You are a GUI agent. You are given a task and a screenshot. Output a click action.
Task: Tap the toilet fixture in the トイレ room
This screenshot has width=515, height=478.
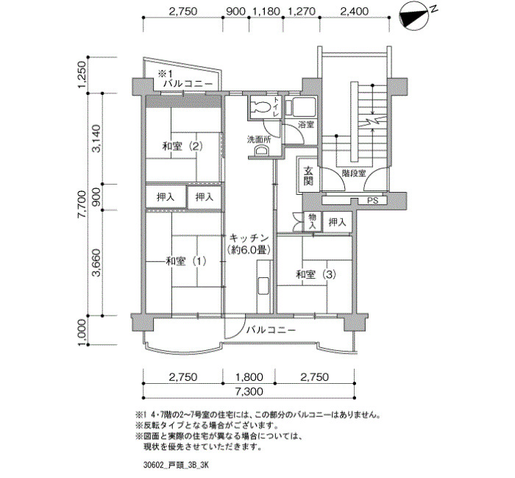pos(260,107)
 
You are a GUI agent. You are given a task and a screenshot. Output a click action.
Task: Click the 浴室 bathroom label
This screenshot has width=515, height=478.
pos(306,125)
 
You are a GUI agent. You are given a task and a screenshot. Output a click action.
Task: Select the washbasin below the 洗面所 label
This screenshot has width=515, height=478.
pos(262,151)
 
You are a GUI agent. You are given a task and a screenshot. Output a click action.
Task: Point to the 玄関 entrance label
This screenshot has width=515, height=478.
pos(308,176)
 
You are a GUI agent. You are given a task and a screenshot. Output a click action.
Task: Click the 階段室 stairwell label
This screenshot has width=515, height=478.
pos(354,174)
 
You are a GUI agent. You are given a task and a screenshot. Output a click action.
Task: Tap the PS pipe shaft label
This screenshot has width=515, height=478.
pos(372,200)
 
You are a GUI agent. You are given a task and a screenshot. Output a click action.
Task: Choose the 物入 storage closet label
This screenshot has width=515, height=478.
pos(312,221)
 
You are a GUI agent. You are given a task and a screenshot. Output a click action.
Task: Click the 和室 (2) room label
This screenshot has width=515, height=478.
pos(182,146)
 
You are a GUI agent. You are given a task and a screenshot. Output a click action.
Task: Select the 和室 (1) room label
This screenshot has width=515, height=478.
pos(186,261)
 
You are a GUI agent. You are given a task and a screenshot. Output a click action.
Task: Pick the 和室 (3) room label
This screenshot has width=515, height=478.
pos(316,274)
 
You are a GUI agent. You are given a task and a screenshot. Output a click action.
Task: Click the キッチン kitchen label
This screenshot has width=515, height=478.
pos(249,238)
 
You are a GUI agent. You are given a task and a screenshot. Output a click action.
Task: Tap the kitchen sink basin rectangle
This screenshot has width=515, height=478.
pos(263,285)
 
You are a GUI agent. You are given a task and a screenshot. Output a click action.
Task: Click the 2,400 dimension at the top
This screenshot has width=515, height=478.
pos(354,12)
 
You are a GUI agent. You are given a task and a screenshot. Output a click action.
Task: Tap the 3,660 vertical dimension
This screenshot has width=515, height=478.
pos(96,263)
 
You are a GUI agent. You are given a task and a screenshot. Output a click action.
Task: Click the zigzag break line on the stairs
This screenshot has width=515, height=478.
pos(372,123)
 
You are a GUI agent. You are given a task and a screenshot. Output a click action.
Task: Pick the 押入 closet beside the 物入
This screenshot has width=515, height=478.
pos(337,222)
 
